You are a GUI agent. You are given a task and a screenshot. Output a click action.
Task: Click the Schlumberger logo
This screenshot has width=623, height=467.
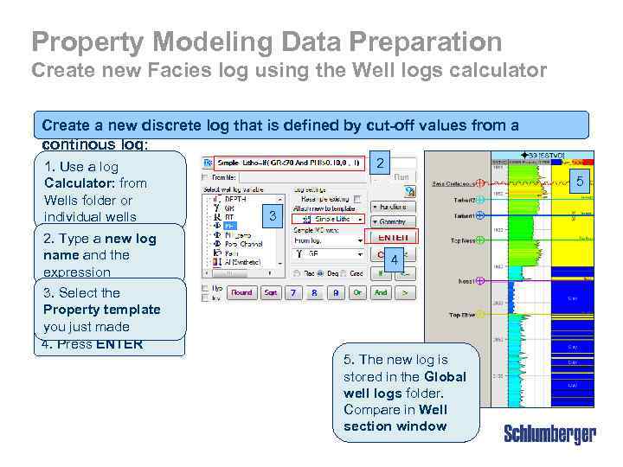549,433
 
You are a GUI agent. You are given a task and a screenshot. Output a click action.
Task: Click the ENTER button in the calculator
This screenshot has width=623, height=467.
394,237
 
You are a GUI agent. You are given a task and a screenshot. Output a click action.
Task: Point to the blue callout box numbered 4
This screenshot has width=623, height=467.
394,260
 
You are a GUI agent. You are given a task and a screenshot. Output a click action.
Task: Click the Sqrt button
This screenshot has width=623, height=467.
271,292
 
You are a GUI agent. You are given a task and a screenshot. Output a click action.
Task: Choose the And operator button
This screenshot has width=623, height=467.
380,292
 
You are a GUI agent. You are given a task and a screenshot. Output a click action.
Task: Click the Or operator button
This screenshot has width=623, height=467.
356,292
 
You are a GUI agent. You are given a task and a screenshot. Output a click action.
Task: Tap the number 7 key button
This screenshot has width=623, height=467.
292,292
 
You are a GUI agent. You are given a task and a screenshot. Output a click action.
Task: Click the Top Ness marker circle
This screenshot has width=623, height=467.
480,241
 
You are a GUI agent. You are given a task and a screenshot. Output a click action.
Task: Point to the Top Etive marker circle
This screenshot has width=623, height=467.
480,316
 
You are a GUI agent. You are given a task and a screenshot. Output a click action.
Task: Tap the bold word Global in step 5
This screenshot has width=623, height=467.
445,376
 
